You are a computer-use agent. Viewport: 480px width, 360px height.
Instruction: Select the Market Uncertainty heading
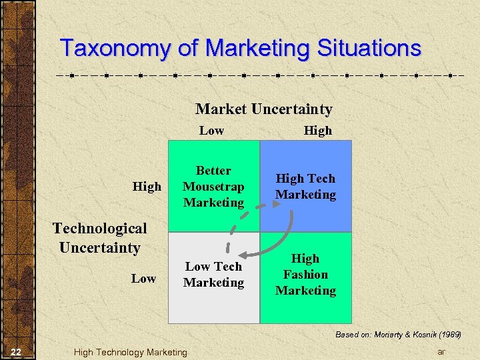[263, 109]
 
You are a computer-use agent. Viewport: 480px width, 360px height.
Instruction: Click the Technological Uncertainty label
[100, 238]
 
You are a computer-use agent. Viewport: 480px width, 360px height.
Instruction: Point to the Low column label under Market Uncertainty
[211, 131]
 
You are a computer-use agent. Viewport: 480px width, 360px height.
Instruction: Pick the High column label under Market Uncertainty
[317, 131]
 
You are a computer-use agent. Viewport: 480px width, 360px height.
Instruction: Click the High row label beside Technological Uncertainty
[147, 187]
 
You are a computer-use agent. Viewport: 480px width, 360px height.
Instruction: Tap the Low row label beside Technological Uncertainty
[143, 278]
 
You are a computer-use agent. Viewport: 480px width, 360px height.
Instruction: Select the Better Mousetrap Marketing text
[213, 187]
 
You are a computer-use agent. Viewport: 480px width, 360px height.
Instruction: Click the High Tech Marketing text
[305, 187]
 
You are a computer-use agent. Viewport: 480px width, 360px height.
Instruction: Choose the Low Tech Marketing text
[213, 274]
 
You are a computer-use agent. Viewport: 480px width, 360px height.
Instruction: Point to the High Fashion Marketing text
[305, 274]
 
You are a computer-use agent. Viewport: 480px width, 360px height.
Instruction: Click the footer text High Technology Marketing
[131, 352]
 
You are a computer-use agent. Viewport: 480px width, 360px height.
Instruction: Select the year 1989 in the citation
[447, 334]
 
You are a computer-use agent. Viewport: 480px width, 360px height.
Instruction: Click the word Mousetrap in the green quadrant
[213, 187]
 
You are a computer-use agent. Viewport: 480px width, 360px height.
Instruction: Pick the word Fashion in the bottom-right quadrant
[305, 274]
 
